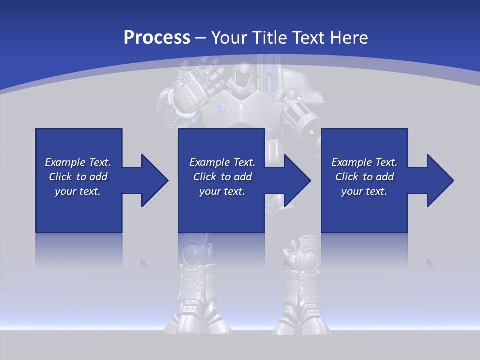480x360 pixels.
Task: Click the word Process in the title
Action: coord(157,38)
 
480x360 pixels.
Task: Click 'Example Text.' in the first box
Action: coord(78,162)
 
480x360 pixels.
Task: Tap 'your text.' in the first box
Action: coord(78,191)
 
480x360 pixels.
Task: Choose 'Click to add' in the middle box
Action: coord(222,177)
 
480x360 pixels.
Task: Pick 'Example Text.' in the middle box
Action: coord(222,162)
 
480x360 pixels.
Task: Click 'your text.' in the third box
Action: coord(364,191)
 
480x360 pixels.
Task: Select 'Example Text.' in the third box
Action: coord(364,162)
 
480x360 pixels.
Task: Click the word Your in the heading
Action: coord(229,38)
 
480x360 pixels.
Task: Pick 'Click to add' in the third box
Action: coord(364,177)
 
